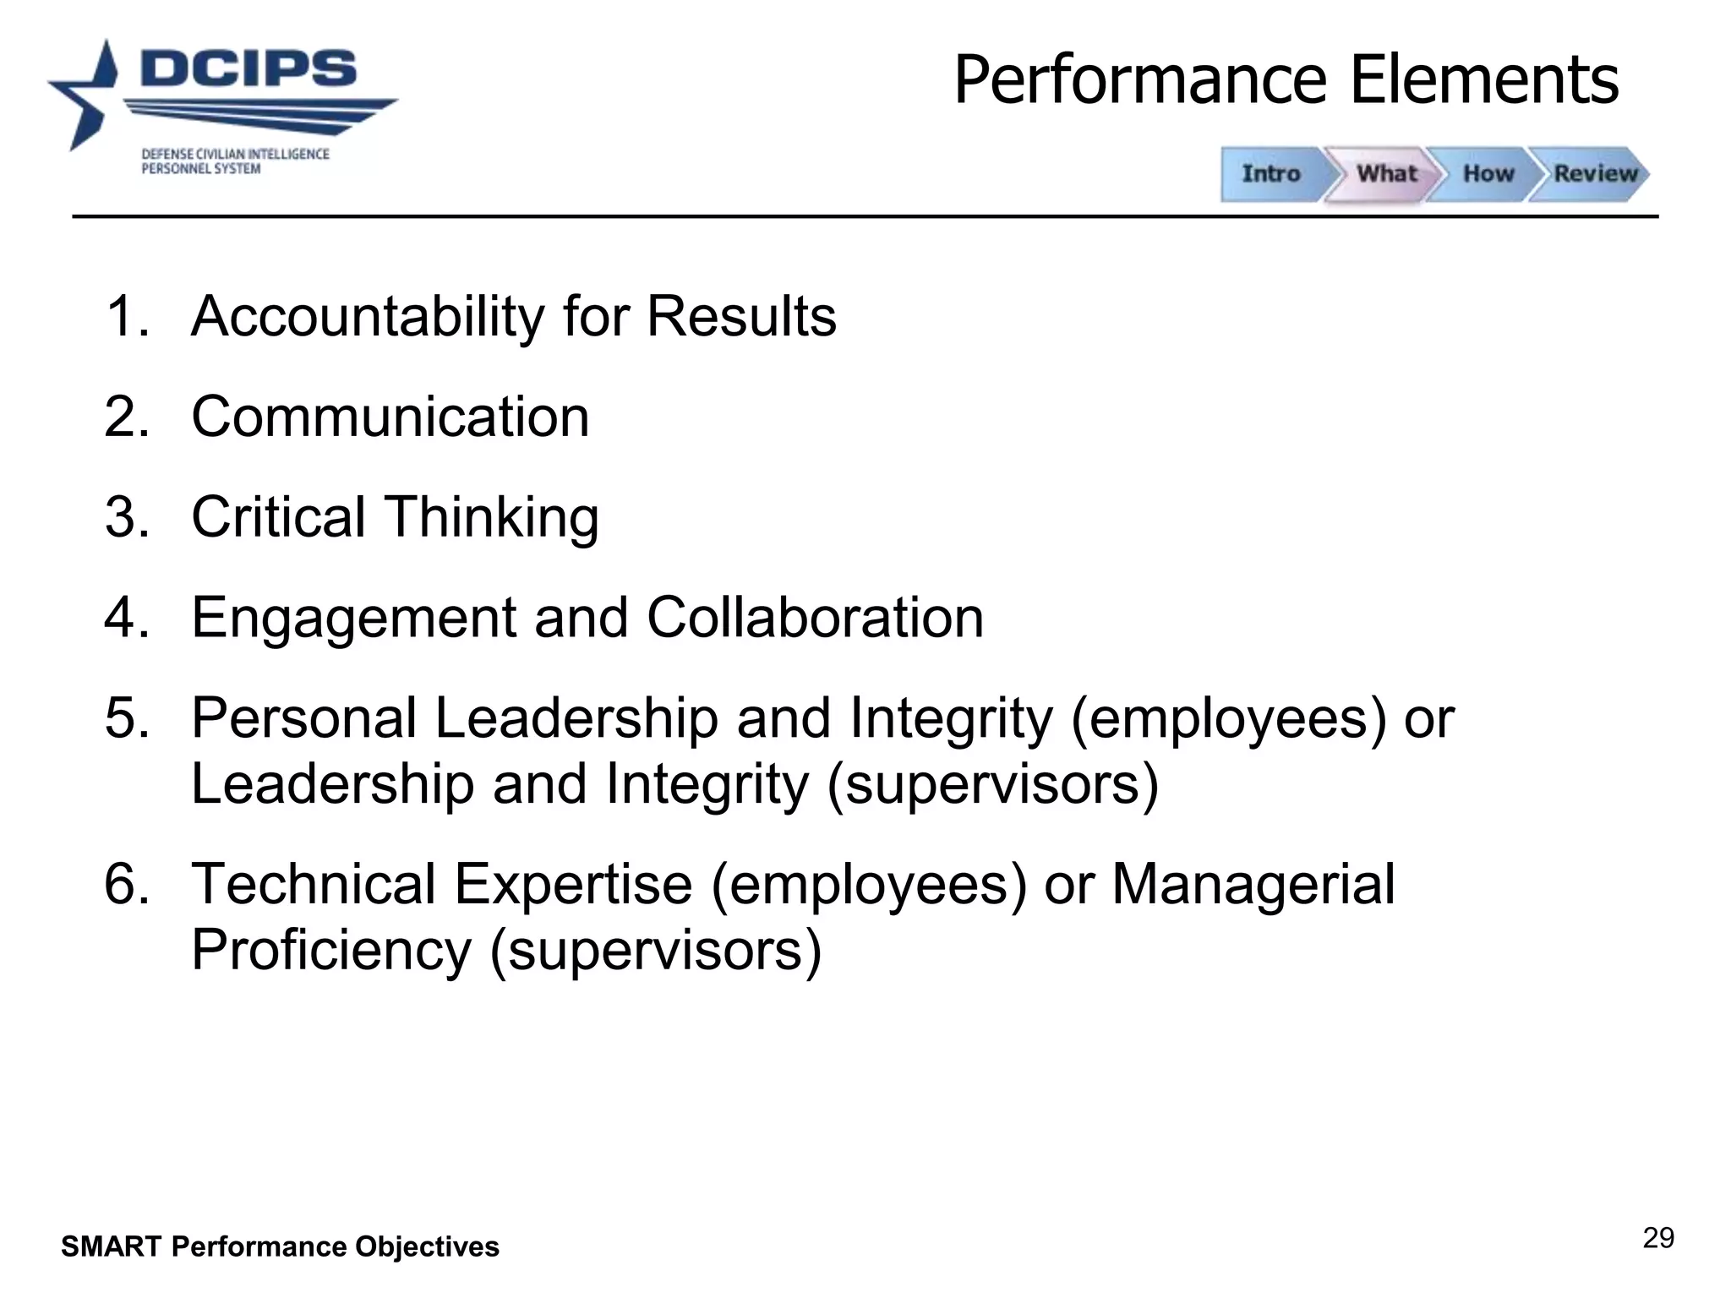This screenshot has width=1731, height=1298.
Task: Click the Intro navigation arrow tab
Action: click(1270, 174)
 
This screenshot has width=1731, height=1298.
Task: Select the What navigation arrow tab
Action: click(1386, 174)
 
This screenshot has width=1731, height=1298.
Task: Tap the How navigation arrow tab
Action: click(1488, 174)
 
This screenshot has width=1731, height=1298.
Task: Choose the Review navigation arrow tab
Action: click(1595, 174)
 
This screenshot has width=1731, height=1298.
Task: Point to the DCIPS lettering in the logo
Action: click(248, 68)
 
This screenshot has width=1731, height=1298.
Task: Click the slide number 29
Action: click(1658, 1238)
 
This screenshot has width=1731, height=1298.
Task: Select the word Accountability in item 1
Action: click(369, 317)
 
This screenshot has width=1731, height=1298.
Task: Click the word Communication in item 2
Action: click(390, 417)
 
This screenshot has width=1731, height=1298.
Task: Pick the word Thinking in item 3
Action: click(492, 517)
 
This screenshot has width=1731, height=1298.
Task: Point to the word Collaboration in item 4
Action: click(815, 618)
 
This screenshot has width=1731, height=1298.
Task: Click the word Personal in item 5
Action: click(304, 718)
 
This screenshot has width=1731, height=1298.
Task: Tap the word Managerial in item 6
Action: click(1253, 885)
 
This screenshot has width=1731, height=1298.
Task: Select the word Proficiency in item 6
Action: click(330, 951)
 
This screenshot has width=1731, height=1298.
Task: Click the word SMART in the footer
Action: click(110, 1246)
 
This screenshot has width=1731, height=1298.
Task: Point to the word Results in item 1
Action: click(741, 317)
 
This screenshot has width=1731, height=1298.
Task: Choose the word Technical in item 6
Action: click(314, 885)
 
